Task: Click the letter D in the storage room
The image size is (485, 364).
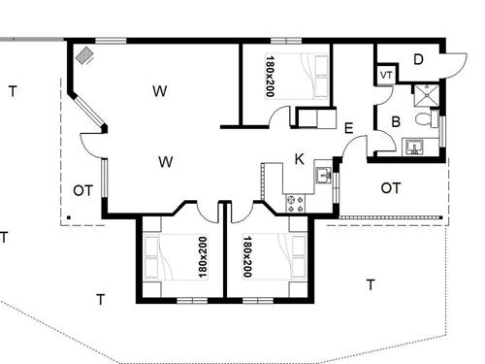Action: point(418,59)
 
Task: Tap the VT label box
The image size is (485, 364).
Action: point(386,75)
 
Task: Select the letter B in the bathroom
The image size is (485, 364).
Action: point(396,121)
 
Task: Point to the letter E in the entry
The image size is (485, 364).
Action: point(348,127)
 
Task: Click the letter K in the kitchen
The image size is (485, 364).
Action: point(300,159)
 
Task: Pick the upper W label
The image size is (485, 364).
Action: point(160,91)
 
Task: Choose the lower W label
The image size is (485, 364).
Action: point(165,161)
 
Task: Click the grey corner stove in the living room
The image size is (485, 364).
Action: point(86,55)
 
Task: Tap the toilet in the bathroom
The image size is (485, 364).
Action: point(423,119)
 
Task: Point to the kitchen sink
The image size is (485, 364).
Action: point(323,176)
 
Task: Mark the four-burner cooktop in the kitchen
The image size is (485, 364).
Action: point(295,203)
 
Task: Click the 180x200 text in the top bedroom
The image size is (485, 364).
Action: point(270,75)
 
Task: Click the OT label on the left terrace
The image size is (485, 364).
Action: point(82,190)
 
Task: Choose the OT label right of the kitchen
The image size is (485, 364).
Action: point(391,187)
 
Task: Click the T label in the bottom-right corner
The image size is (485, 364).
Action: point(370,284)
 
